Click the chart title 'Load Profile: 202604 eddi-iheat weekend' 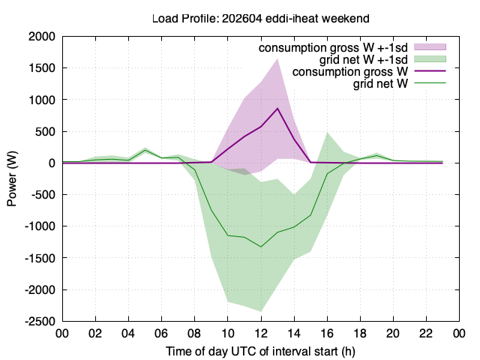(x=261, y=19)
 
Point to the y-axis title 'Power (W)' (x=12, y=178)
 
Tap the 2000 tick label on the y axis (x=42, y=37)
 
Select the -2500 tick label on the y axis (x=40, y=322)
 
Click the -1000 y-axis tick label (x=40, y=226)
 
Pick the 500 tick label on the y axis (x=45, y=131)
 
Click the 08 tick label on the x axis (x=195, y=333)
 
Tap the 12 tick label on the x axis (x=261, y=333)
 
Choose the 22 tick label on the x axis (x=426, y=333)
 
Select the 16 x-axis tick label (x=327, y=333)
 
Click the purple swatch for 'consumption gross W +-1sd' (x=430, y=46)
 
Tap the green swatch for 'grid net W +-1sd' (x=430, y=59)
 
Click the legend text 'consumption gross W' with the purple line (x=350, y=72)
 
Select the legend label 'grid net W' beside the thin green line (x=380, y=83)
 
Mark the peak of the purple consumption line (x=277, y=108)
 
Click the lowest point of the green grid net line (x=261, y=247)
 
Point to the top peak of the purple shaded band (x=277, y=58)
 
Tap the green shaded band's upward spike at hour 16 (x=327, y=133)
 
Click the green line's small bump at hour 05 (x=145, y=150)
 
